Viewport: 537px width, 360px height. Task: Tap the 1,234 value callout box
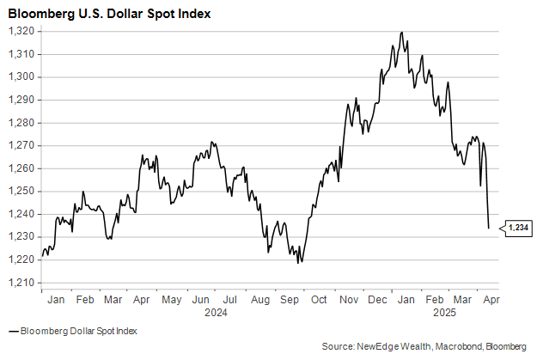(518, 228)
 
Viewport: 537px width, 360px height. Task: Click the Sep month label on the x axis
(290, 301)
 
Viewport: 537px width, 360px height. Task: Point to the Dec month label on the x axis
(377, 301)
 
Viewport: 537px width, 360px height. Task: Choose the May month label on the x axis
(173, 301)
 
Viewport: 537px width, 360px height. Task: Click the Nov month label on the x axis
(349, 301)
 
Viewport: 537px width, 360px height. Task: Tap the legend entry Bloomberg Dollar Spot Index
(77, 331)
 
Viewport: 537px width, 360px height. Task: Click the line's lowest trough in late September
(299, 262)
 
